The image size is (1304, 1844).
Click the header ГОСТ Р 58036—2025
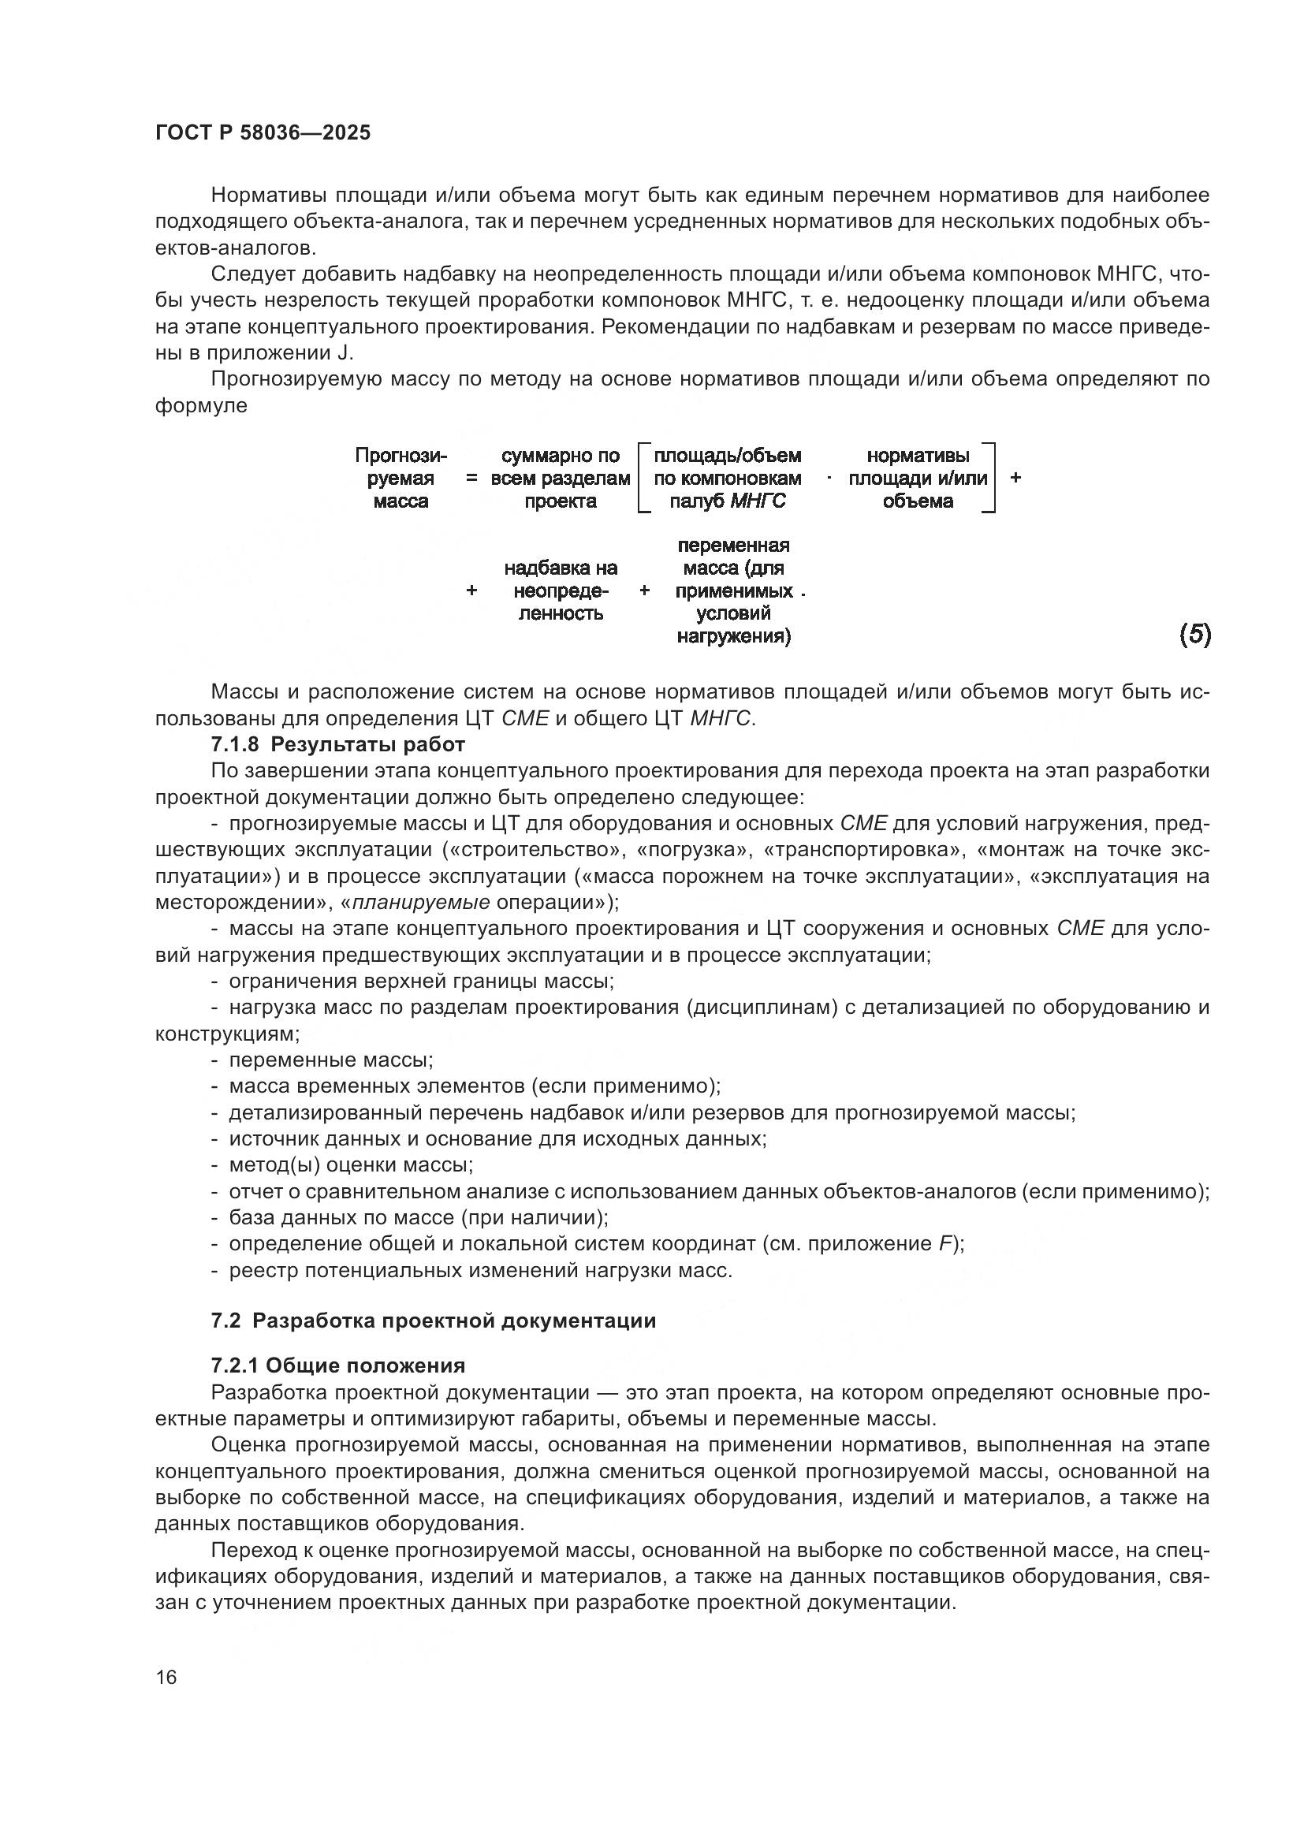point(263,133)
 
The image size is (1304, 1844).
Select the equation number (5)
point(1194,635)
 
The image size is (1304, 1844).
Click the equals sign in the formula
point(471,479)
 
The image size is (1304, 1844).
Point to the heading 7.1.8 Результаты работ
point(338,744)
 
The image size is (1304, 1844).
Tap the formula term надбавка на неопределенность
point(561,591)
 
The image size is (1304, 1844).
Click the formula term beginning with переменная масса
point(733,591)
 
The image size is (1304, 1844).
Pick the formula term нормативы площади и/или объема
point(918,479)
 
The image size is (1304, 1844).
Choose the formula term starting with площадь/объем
point(727,479)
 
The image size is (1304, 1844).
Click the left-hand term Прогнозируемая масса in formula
point(401,479)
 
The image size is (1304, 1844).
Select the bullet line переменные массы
point(330,1060)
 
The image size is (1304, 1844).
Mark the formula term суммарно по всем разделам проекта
point(561,479)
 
